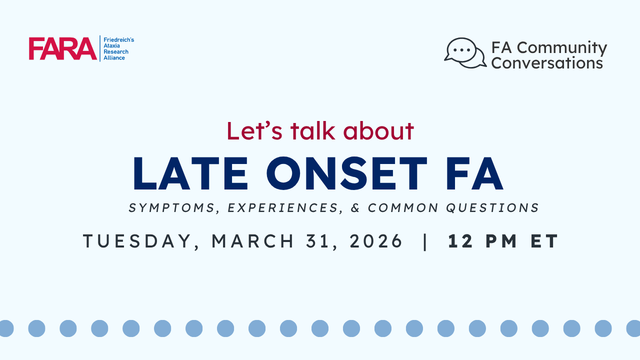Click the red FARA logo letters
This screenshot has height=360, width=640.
coord(63,48)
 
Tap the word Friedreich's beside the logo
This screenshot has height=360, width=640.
coord(119,39)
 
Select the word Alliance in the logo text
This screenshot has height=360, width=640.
coord(114,57)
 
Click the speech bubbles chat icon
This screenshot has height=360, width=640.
coord(465,53)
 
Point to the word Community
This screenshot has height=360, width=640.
coord(562,47)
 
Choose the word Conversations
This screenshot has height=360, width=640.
coord(547,63)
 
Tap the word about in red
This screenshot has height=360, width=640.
coord(378,131)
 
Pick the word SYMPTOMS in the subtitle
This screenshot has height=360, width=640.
coord(171,207)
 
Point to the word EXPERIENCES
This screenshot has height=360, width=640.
coord(283,207)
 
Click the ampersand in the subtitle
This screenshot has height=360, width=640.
coord(355,207)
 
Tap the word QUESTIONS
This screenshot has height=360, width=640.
coord(492,207)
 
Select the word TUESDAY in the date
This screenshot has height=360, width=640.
coord(137,241)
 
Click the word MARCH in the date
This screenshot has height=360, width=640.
coord(252,241)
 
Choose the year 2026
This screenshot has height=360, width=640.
coord(375,241)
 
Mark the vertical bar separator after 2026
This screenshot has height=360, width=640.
coord(425,241)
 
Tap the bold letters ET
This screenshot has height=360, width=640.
coord(544,241)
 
